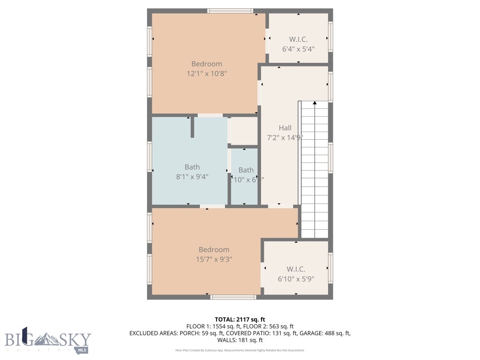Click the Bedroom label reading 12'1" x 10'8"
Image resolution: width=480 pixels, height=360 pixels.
coord(207,74)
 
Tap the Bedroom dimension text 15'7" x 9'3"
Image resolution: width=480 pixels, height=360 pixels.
coord(214,259)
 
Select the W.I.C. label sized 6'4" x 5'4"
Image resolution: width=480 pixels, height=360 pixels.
coord(298,48)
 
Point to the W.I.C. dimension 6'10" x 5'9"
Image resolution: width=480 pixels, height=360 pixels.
coord(296,278)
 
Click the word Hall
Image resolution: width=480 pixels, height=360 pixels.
coord(285,127)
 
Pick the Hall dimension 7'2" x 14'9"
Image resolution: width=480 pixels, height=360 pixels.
coord(285,137)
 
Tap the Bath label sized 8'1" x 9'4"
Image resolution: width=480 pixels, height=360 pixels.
coord(192,177)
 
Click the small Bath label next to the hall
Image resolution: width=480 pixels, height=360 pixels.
coord(246,170)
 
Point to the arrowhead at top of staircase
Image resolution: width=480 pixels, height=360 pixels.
coord(315,103)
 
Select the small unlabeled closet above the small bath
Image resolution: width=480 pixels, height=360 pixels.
coord(244,131)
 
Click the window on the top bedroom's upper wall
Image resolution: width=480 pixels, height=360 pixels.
coord(230,10)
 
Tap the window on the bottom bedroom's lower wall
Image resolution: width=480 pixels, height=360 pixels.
coord(233,297)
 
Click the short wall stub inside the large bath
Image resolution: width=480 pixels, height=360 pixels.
coord(192,127)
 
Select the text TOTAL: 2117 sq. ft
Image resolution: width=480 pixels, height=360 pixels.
coord(240,319)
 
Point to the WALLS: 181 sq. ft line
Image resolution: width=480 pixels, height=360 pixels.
coord(240,340)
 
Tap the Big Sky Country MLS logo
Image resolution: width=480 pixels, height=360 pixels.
coord(48,339)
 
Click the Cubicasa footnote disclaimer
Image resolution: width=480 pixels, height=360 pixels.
coord(240,350)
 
